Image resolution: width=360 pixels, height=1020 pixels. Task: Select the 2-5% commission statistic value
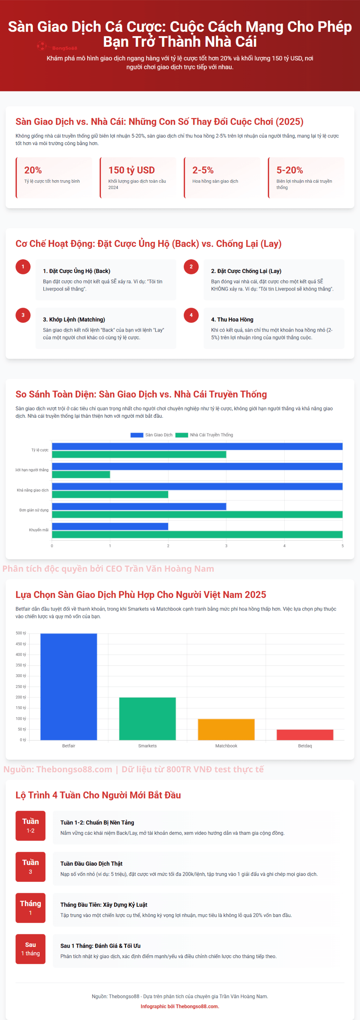203,170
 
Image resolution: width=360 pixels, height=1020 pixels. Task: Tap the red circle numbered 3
23,315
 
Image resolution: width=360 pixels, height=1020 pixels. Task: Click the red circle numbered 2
191,266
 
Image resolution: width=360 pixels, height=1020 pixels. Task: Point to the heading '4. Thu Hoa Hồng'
232,319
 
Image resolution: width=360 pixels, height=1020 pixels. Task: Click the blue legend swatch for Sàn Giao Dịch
137,435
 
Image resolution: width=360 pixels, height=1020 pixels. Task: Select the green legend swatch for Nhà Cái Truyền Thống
181,435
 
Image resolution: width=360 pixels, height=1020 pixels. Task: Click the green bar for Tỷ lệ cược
139,455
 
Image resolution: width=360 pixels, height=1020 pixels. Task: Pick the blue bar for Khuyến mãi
110,526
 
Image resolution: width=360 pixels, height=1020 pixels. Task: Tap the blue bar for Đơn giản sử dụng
139,506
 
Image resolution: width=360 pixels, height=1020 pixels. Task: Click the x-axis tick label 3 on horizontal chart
226,546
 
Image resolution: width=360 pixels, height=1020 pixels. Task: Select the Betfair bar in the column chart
69,687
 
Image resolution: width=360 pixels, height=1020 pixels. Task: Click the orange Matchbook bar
226,729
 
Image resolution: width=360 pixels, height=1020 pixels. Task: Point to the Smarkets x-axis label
147,746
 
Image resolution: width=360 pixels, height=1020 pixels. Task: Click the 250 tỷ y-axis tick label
21,687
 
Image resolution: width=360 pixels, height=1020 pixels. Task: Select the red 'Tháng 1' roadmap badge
31,908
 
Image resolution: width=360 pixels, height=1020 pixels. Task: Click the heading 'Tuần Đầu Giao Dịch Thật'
91,864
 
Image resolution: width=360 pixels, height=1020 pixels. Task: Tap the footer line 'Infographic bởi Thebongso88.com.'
180,1006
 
